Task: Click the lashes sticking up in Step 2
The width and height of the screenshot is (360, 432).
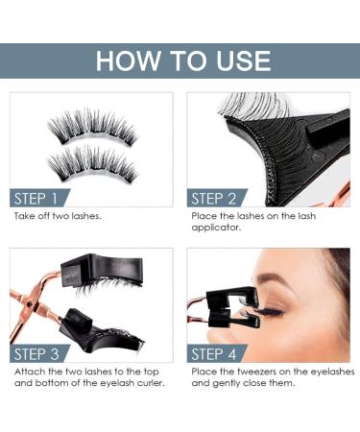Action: pyautogui.click(x=245, y=106)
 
